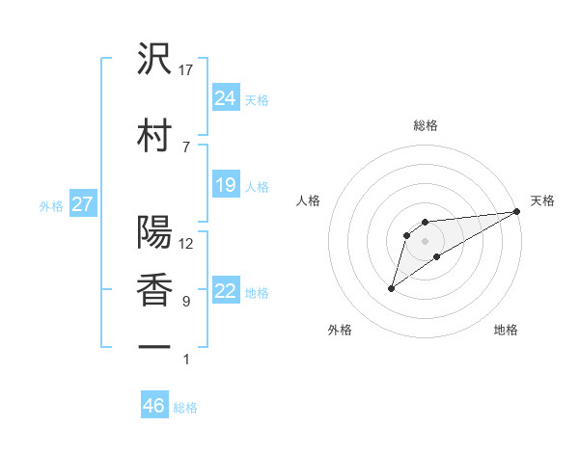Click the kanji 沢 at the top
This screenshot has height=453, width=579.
[x=154, y=60]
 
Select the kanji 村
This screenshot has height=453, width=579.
[x=154, y=133]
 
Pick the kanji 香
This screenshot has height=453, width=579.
[x=154, y=288]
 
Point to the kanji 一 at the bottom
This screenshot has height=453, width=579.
[x=154, y=346]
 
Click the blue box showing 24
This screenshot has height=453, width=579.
[x=226, y=97]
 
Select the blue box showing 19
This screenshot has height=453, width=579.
[x=226, y=185]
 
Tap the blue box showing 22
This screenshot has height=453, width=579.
[x=226, y=291]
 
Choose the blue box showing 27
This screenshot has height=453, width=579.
[x=82, y=204]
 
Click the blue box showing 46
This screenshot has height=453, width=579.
[x=154, y=406]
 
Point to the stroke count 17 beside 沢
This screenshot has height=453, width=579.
[x=186, y=70]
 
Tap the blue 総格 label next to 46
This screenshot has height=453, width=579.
[x=185, y=408]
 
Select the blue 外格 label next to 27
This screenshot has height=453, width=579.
[x=50, y=205]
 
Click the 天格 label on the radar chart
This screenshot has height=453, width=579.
[x=542, y=200]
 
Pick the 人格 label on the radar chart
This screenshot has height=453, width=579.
[x=309, y=200]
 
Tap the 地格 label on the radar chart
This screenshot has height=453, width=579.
[x=506, y=331]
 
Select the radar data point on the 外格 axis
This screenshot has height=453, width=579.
[x=391, y=288]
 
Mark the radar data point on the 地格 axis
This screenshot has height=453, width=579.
[x=437, y=256]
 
